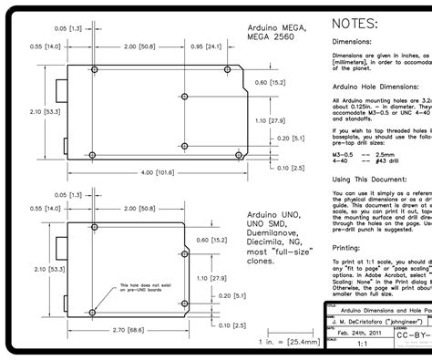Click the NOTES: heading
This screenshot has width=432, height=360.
coord(355,23)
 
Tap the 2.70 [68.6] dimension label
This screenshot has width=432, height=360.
coord(125,329)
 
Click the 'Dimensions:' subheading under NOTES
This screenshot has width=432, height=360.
coord(352,42)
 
